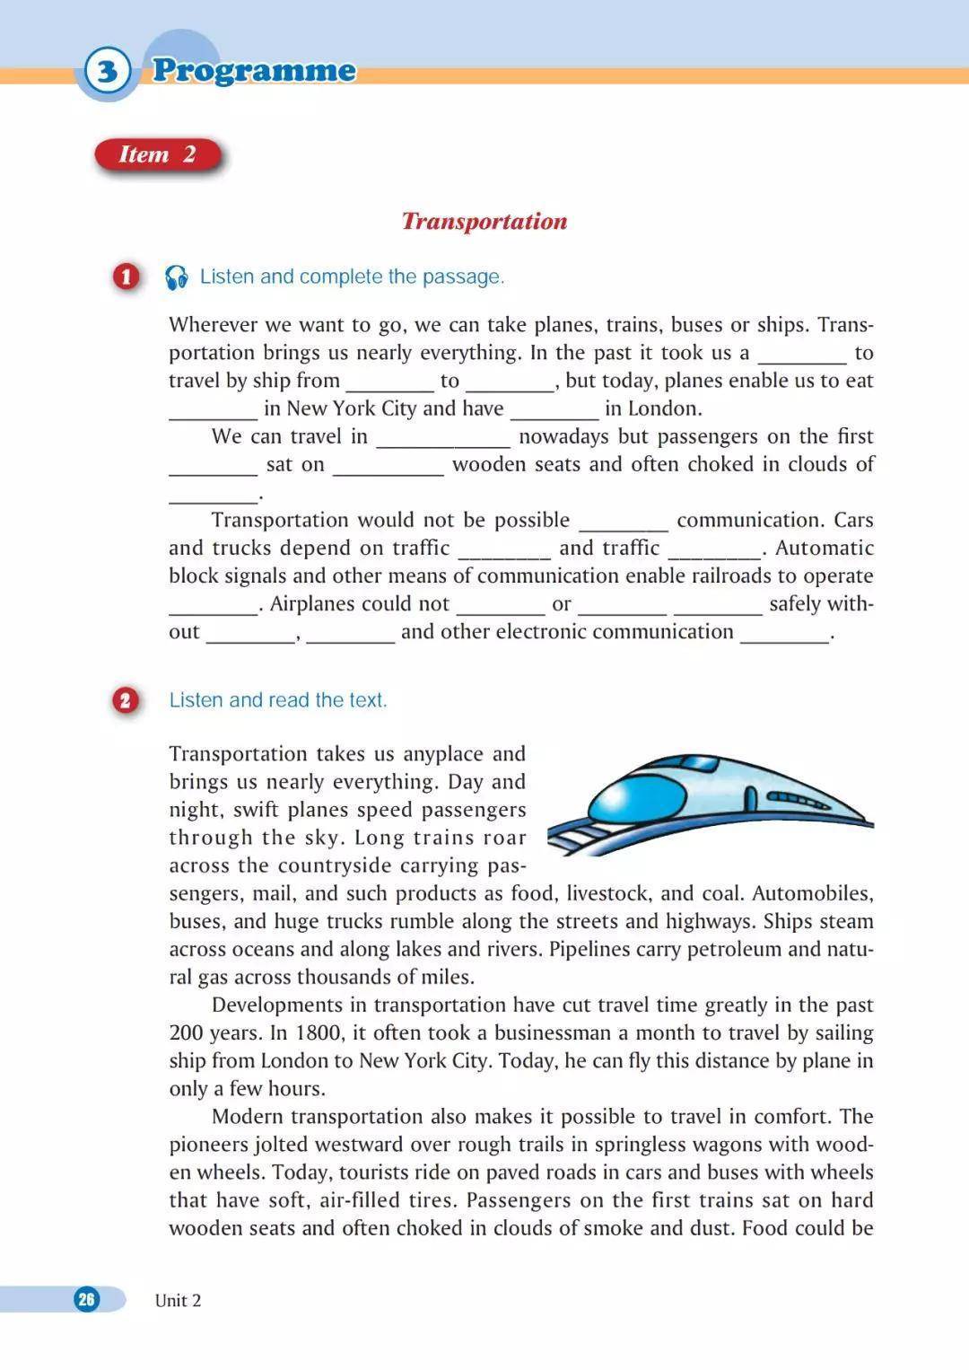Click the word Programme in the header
(254, 70)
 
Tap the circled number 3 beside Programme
(107, 70)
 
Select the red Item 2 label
(158, 154)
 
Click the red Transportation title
(484, 222)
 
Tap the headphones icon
(177, 277)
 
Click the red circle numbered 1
(127, 277)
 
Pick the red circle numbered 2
(126, 700)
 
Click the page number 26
(86, 1299)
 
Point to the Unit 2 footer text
(178, 1300)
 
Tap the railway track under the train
(574, 837)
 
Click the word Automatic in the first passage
(824, 548)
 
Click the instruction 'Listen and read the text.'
(278, 700)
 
